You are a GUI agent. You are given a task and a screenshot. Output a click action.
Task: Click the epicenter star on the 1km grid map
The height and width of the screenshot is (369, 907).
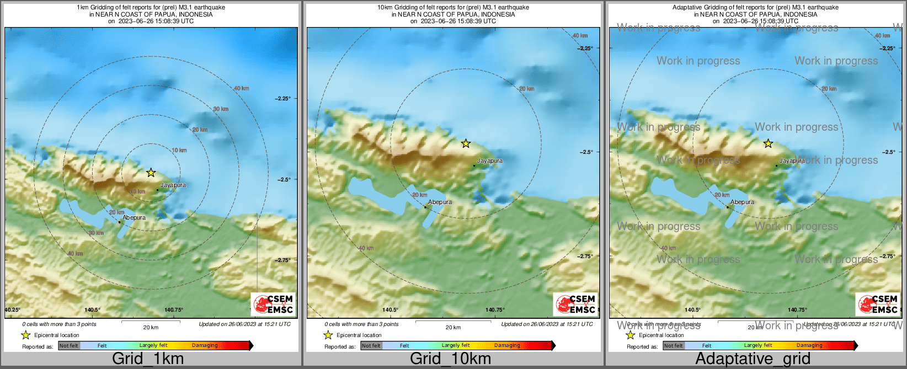click(151, 173)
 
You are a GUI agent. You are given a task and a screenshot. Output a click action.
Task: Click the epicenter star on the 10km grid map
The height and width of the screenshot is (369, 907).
click(466, 143)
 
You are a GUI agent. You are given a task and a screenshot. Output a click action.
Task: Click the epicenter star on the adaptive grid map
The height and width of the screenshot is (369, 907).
click(768, 143)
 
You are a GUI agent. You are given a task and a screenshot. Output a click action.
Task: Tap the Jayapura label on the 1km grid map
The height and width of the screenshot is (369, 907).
click(173, 185)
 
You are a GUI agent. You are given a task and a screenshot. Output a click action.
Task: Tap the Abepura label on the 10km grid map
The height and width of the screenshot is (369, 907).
click(440, 202)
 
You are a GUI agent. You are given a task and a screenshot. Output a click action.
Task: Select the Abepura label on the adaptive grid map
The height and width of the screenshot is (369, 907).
click(743, 202)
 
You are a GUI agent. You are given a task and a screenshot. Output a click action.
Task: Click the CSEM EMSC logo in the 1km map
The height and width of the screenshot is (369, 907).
click(273, 304)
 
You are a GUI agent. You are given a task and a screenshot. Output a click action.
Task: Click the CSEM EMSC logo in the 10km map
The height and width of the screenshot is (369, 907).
click(575, 304)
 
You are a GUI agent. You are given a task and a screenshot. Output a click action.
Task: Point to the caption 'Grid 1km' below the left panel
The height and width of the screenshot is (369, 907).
click(148, 359)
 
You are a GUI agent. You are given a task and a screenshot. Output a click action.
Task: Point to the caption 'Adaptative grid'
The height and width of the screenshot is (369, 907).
click(753, 359)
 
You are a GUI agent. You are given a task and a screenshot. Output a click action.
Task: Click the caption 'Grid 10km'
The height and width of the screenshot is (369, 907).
click(450, 359)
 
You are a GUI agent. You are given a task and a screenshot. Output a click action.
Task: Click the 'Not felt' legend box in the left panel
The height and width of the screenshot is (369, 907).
click(69, 346)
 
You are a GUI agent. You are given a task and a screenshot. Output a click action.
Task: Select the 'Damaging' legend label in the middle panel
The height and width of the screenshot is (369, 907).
click(507, 345)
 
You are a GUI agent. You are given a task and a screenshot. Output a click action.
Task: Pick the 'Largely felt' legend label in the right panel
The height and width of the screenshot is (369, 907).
click(758, 345)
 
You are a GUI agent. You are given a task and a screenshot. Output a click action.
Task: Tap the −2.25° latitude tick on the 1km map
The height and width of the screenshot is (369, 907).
click(282, 99)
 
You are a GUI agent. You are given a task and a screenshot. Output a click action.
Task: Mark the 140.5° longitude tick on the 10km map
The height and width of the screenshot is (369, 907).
click(390, 310)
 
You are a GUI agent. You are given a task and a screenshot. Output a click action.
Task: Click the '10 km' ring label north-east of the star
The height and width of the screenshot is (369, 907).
click(179, 150)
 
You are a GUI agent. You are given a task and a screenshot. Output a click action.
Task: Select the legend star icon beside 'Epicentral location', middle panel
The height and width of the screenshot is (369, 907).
click(328, 335)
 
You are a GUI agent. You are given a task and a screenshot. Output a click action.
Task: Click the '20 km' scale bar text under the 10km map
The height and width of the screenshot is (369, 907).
click(453, 328)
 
